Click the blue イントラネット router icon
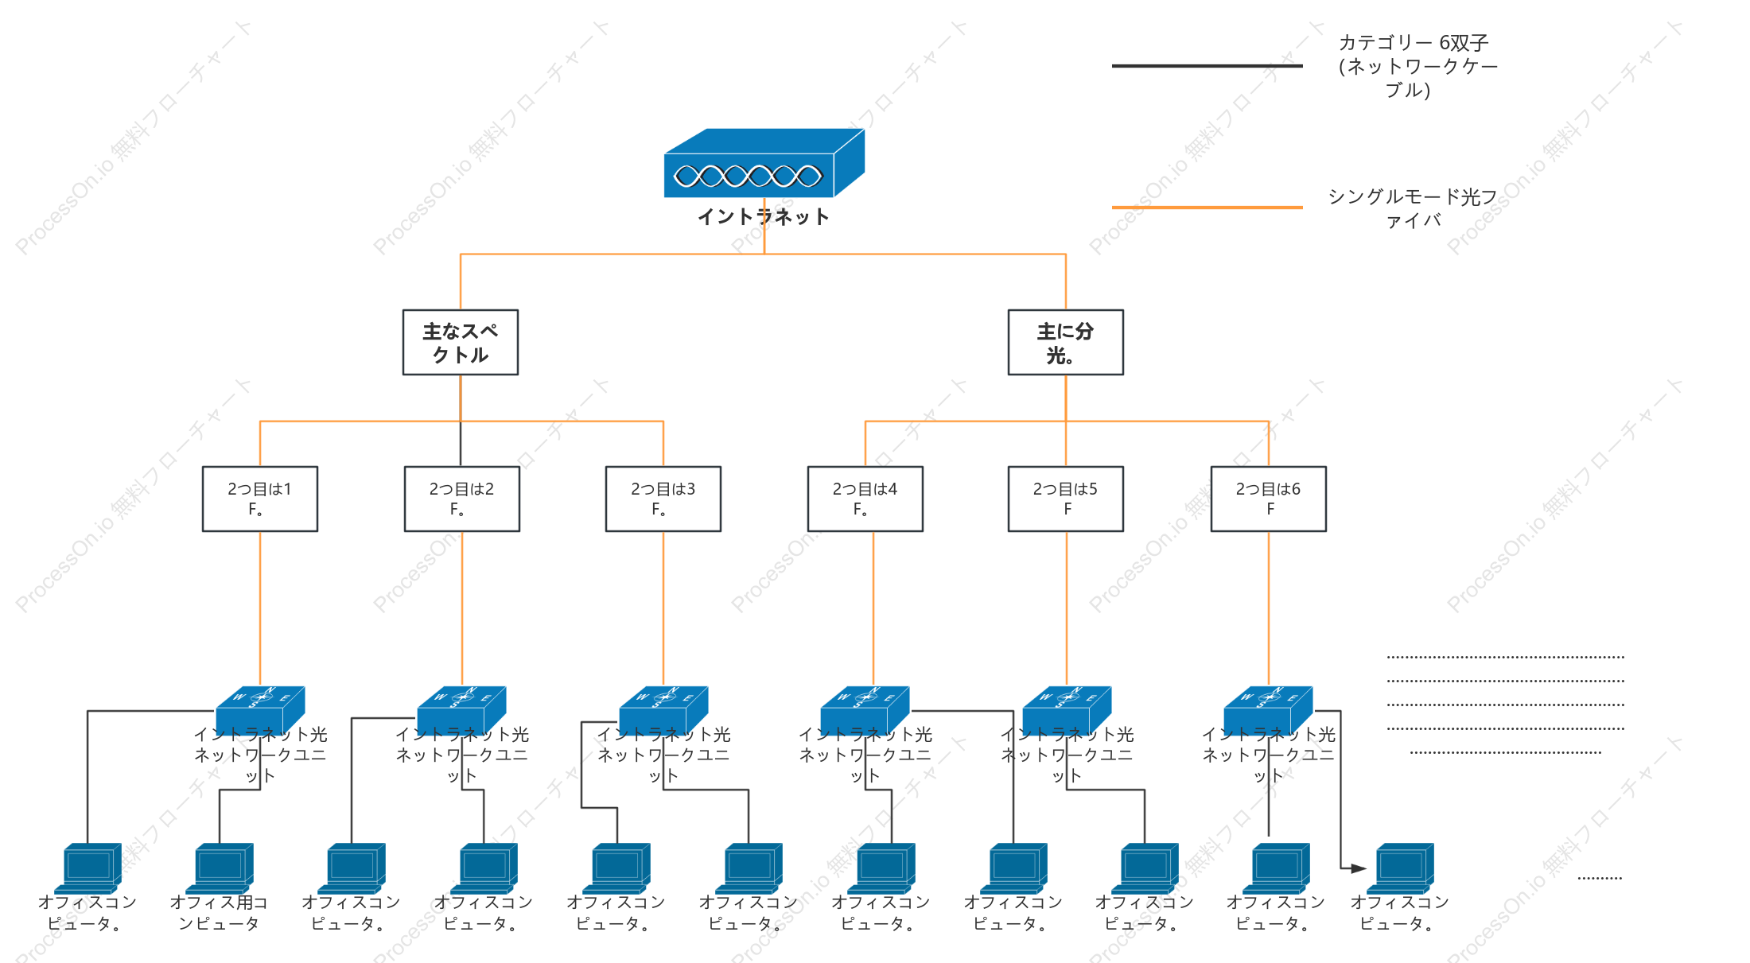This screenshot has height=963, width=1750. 764,163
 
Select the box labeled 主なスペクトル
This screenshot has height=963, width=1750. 461,342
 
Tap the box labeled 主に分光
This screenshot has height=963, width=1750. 1066,342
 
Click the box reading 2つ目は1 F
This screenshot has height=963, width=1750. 260,499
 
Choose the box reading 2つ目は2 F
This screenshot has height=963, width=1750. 462,499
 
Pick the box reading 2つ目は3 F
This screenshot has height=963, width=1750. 663,499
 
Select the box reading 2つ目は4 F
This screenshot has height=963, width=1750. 865,499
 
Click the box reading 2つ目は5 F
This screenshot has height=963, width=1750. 1066,499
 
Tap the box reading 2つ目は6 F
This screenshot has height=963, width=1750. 1269,499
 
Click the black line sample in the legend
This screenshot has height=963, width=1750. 1207,66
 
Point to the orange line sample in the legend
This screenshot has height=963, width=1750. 1207,208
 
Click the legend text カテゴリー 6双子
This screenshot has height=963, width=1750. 1414,43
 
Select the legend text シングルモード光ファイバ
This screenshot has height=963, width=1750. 1413,208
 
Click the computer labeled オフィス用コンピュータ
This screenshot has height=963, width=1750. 220,868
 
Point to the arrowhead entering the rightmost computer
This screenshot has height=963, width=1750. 1359,868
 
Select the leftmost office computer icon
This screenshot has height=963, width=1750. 87,868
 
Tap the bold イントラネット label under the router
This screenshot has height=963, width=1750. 764,216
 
